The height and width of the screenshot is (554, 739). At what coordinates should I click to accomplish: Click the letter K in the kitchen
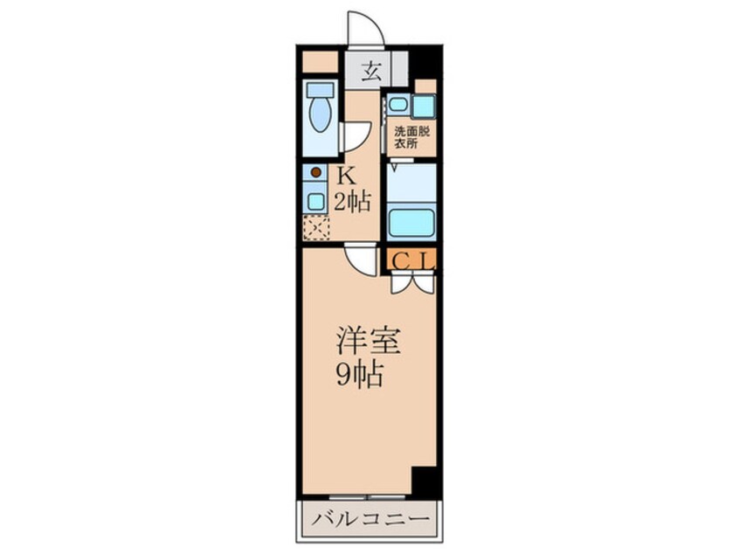347,174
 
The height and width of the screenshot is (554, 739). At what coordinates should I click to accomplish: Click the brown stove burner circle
315,172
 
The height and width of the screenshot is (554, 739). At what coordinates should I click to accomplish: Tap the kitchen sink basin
314,198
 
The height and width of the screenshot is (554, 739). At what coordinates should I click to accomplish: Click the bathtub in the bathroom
410,221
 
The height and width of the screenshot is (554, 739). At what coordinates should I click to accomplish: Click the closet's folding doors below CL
410,282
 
